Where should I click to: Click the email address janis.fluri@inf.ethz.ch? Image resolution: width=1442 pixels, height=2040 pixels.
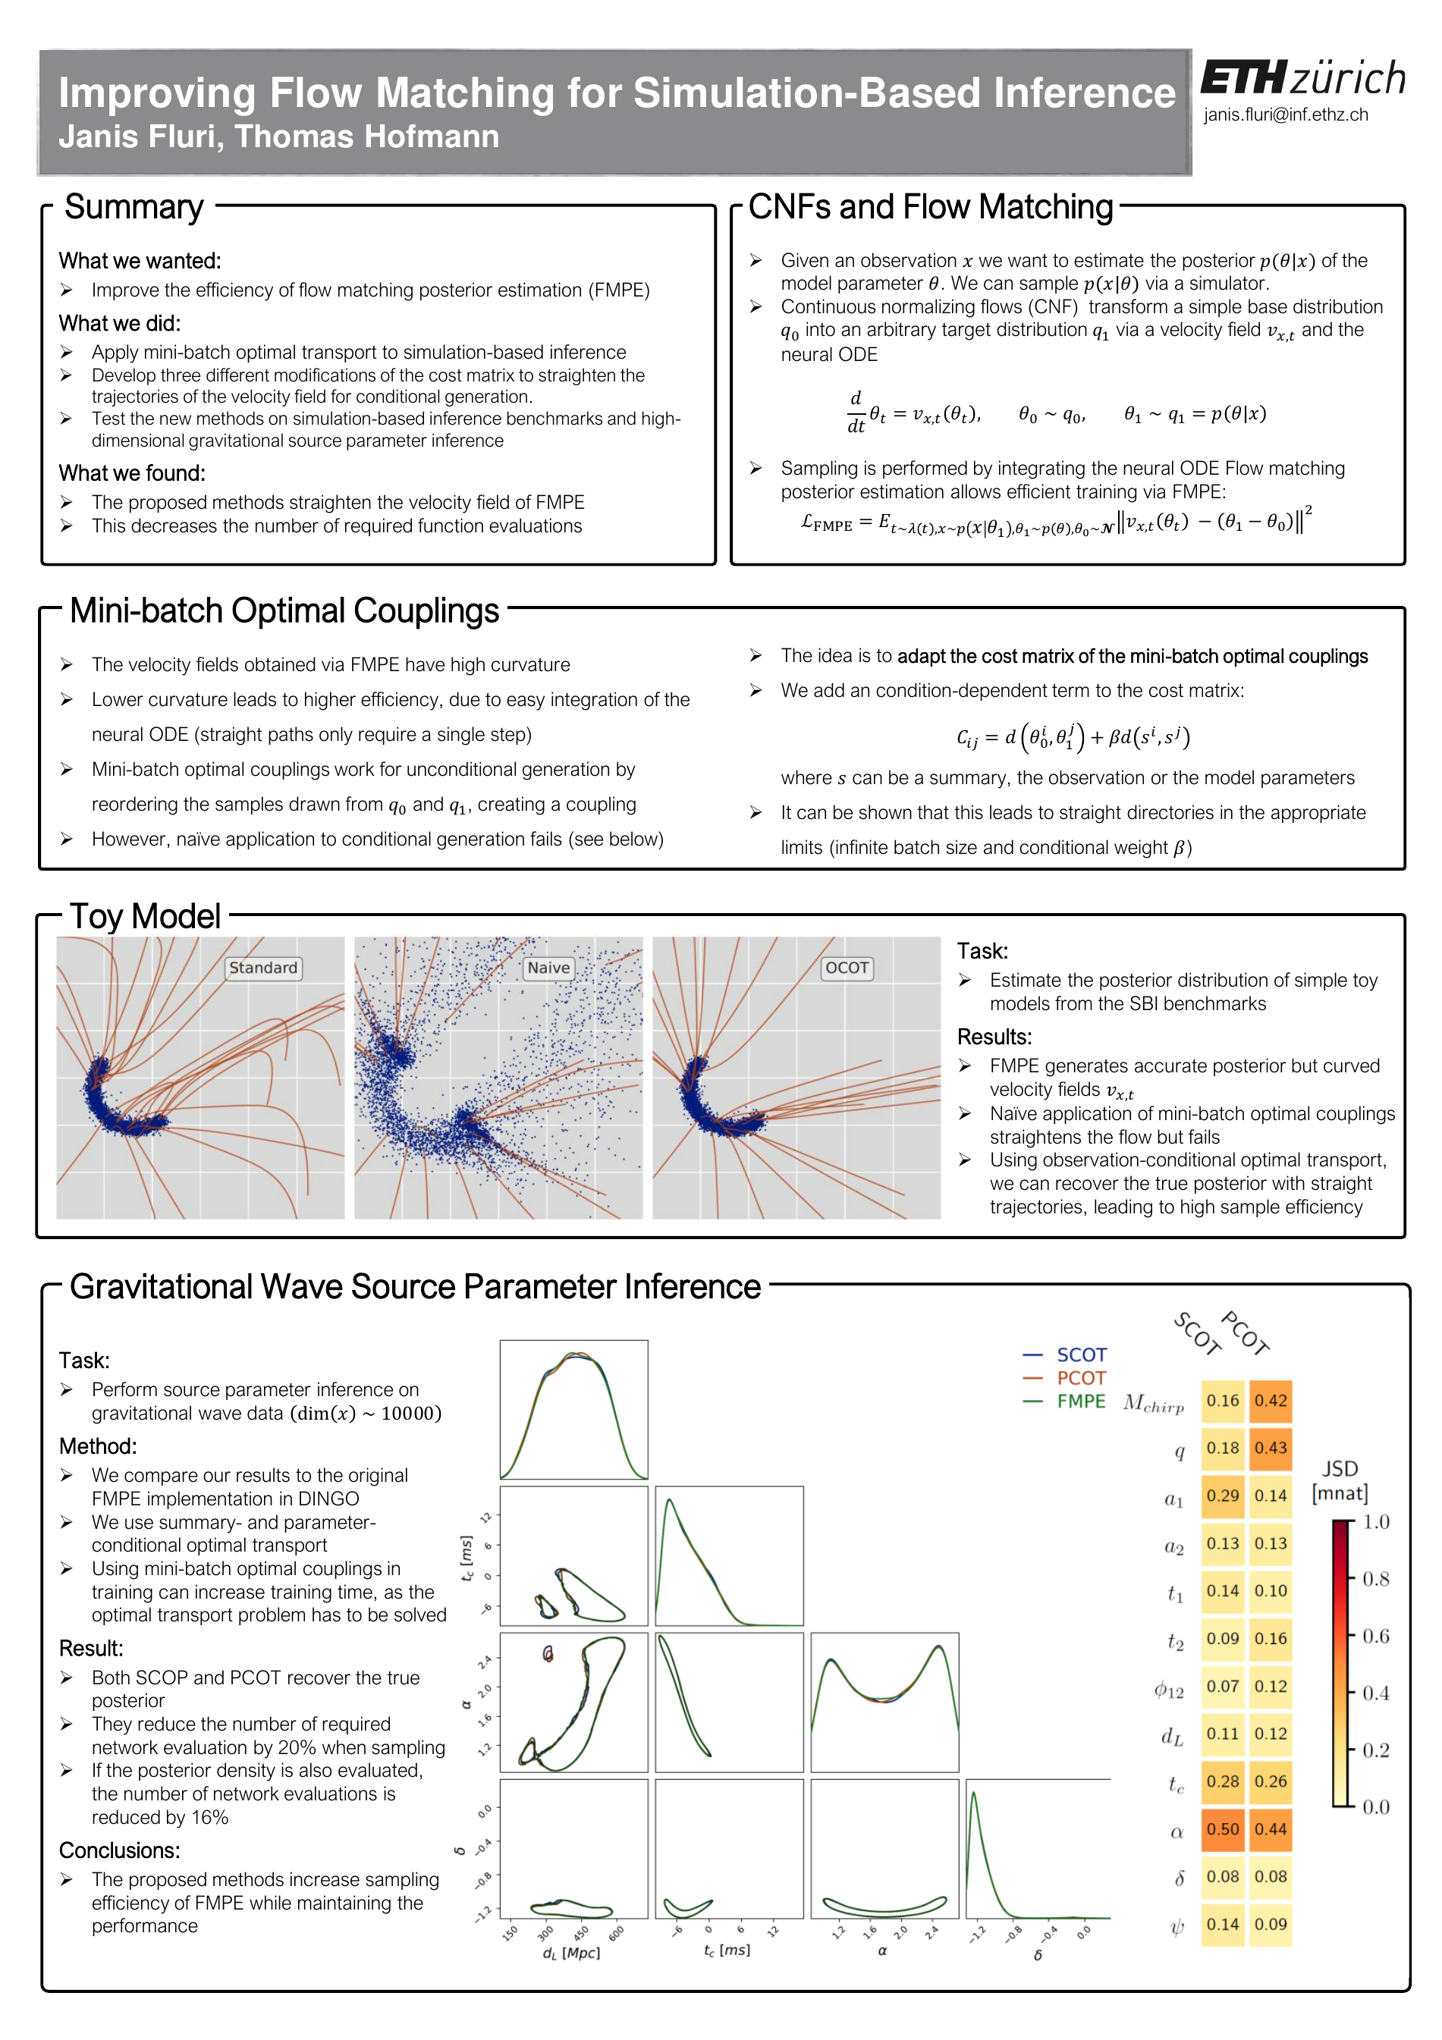pos(1285,115)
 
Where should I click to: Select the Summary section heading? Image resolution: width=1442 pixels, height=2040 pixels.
pos(134,207)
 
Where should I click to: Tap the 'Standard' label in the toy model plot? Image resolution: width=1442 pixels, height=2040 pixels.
pos(263,968)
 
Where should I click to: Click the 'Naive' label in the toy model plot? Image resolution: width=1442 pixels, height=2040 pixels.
pos(548,968)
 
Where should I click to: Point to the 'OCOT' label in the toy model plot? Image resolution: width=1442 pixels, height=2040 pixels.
pos(847,968)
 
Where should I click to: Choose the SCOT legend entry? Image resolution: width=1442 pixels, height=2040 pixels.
pos(1080,1355)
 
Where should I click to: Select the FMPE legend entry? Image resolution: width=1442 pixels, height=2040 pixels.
pos(1080,1401)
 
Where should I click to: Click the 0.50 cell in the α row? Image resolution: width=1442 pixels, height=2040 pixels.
pos(1223,1829)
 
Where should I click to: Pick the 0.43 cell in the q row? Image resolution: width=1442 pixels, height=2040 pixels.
pos(1271,1448)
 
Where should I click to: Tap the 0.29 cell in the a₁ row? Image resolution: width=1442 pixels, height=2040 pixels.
pos(1223,1495)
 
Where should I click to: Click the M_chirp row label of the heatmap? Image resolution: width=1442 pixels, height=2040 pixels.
pos(1153,1403)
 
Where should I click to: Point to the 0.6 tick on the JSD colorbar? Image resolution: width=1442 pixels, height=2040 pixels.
pos(1375,1636)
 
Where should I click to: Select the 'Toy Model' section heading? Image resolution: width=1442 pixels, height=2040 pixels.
pos(145,916)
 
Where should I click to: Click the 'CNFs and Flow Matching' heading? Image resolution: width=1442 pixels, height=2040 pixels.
pos(930,207)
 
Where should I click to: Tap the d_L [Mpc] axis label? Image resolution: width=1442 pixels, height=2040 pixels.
pos(571,1954)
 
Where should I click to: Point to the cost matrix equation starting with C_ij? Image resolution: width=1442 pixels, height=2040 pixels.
pos(1073,736)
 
